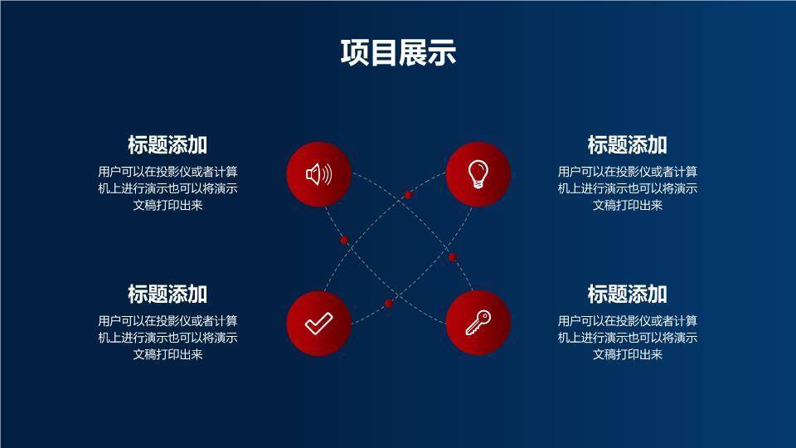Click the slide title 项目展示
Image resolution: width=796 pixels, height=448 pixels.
click(398, 53)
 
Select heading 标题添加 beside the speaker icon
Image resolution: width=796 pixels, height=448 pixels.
click(167, 145)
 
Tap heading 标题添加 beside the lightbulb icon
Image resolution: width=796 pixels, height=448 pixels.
click(627, 145)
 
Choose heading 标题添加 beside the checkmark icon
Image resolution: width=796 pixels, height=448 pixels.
click(167, 294)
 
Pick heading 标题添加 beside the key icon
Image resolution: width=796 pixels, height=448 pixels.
click(627, 294)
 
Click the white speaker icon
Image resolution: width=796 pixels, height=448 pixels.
click(318, 174)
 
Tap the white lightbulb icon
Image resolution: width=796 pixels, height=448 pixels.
click(478, 174)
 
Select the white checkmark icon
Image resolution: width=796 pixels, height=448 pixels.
click(318, 323)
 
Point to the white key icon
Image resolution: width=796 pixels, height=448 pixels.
click(478, 323)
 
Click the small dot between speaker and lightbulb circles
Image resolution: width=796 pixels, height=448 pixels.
click(408, 195)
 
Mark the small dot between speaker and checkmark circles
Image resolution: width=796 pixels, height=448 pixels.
click(344, 240)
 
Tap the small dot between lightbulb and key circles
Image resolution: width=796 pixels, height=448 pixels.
click(453, 257)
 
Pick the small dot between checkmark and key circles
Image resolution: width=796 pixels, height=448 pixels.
click(388, 304)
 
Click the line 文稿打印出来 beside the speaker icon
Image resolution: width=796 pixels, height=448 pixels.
click(167, 206)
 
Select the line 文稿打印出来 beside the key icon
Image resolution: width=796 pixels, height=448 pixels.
click(627, 354)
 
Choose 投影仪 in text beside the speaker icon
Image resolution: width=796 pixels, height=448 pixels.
click(174, 172)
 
